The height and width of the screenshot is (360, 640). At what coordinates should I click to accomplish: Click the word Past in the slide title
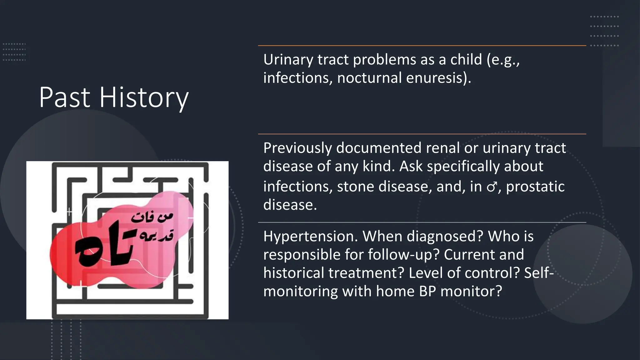65,97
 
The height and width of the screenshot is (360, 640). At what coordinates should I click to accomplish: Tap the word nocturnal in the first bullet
369,78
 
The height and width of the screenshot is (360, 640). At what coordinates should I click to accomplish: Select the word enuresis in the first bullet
438,78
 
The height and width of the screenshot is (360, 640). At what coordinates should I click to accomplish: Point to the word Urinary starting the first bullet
288,60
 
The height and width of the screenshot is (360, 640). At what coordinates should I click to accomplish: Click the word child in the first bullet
466,59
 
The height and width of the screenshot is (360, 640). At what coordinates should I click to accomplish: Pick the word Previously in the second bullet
297,148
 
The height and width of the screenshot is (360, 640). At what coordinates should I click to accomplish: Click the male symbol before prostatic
492,187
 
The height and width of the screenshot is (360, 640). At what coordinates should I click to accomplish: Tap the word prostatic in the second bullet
535,187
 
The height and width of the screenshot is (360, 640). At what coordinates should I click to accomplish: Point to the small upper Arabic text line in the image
152,217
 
